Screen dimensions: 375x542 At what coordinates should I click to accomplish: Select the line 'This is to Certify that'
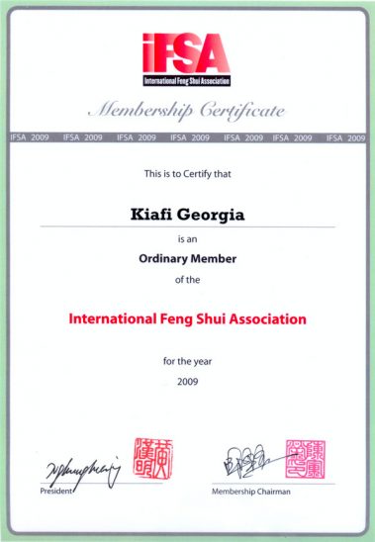[x=187, y=173]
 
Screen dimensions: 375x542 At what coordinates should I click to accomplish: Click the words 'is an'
[x=187, y=239]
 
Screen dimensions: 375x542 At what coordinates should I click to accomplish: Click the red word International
[x=114, y=320]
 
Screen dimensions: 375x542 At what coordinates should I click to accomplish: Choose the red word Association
[x=264, y=320]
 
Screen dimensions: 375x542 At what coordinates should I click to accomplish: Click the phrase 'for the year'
[x=187, y=361]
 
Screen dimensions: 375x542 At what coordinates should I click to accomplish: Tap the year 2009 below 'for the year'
[x=187, y=381]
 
